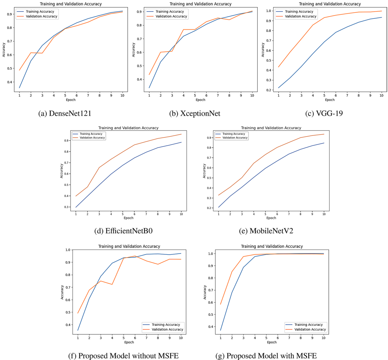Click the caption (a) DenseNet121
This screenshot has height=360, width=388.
point(65,114)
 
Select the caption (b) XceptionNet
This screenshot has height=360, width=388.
point(195,114)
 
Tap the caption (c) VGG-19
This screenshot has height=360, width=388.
point(324,114)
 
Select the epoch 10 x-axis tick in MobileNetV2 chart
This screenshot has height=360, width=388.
point(323,214)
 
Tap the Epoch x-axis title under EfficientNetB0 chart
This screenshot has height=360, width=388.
point(128,218)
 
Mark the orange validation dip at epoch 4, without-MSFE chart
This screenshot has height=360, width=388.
point(112,284)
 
